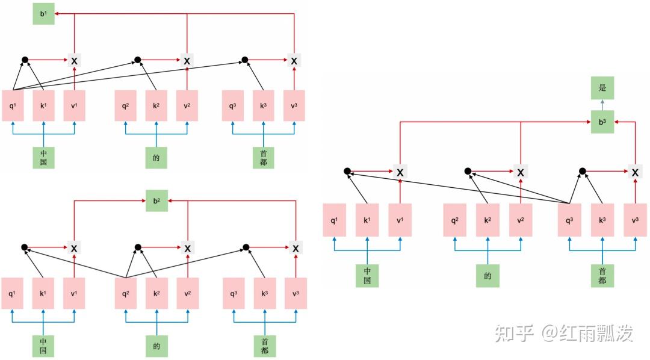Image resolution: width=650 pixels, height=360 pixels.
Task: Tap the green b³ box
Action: (x=602, y=122)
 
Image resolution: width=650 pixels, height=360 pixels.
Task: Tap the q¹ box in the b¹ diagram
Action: (x=13, y=106)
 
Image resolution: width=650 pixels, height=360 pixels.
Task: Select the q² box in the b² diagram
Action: (x=126, y=294)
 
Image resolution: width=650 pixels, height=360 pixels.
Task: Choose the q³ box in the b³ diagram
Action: (x=569, y=220)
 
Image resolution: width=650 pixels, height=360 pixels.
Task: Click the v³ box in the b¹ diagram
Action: (x=294, y=106)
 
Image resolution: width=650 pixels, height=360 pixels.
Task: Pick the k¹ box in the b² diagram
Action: (x=43, y=294)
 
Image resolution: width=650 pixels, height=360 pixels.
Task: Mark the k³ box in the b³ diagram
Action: (x=602, y=220)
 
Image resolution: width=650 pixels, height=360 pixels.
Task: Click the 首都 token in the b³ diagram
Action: (x=602, y=276)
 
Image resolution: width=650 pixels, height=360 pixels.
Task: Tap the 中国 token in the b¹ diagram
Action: (x=43, y=157)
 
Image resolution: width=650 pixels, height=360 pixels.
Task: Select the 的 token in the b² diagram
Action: (x=156, y=346)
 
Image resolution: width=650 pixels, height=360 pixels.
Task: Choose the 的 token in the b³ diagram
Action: (x=488, y=276)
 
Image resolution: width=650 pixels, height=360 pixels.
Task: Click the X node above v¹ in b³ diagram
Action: (x=400, y=172)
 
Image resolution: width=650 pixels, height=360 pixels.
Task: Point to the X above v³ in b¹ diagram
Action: (x=294, y=61)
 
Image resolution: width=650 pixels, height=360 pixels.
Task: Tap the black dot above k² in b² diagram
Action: (x=138, y=247)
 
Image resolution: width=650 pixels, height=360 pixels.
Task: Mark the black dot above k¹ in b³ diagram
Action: (x=347, y=172)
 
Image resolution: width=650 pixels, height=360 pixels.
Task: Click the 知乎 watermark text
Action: (x=513, y=332)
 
